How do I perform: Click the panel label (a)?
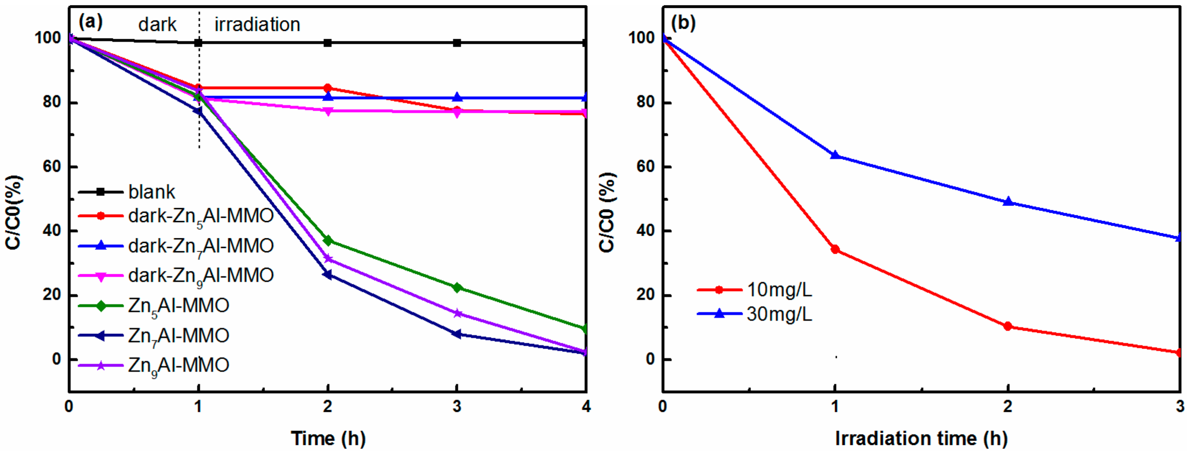[x=90, y=22]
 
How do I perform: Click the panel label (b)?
[x=683, y=23]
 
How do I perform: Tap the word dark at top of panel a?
[x=157, y=24]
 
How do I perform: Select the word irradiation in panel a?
[x=257, y=24]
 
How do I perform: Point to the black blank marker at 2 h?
[x=328, y=43]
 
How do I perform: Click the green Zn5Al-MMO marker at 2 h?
[x=328, y=240]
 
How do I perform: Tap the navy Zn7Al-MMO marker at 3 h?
[x=457, y=334]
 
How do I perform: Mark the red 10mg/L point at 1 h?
[x=835, y=250]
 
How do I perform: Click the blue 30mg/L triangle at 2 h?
[x=1008, y=202]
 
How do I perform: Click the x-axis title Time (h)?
[x=328, y=438]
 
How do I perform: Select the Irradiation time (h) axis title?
[x=921, y=438]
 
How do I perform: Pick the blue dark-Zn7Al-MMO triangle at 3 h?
[x=457, y=97]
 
